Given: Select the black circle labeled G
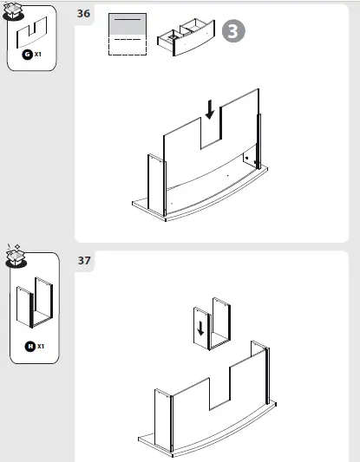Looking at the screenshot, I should click(27, 54).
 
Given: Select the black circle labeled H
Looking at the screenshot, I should click(29, 347).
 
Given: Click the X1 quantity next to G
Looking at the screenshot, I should click(38, 54).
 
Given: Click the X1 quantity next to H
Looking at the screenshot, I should click(40, 347).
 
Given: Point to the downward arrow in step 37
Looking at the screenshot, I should click(200, 329).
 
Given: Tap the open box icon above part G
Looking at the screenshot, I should click(15, 10).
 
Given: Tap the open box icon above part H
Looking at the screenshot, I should click(16, 255).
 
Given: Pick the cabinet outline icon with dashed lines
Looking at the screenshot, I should click(128, 35).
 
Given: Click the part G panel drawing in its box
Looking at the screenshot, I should click(31, 32).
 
